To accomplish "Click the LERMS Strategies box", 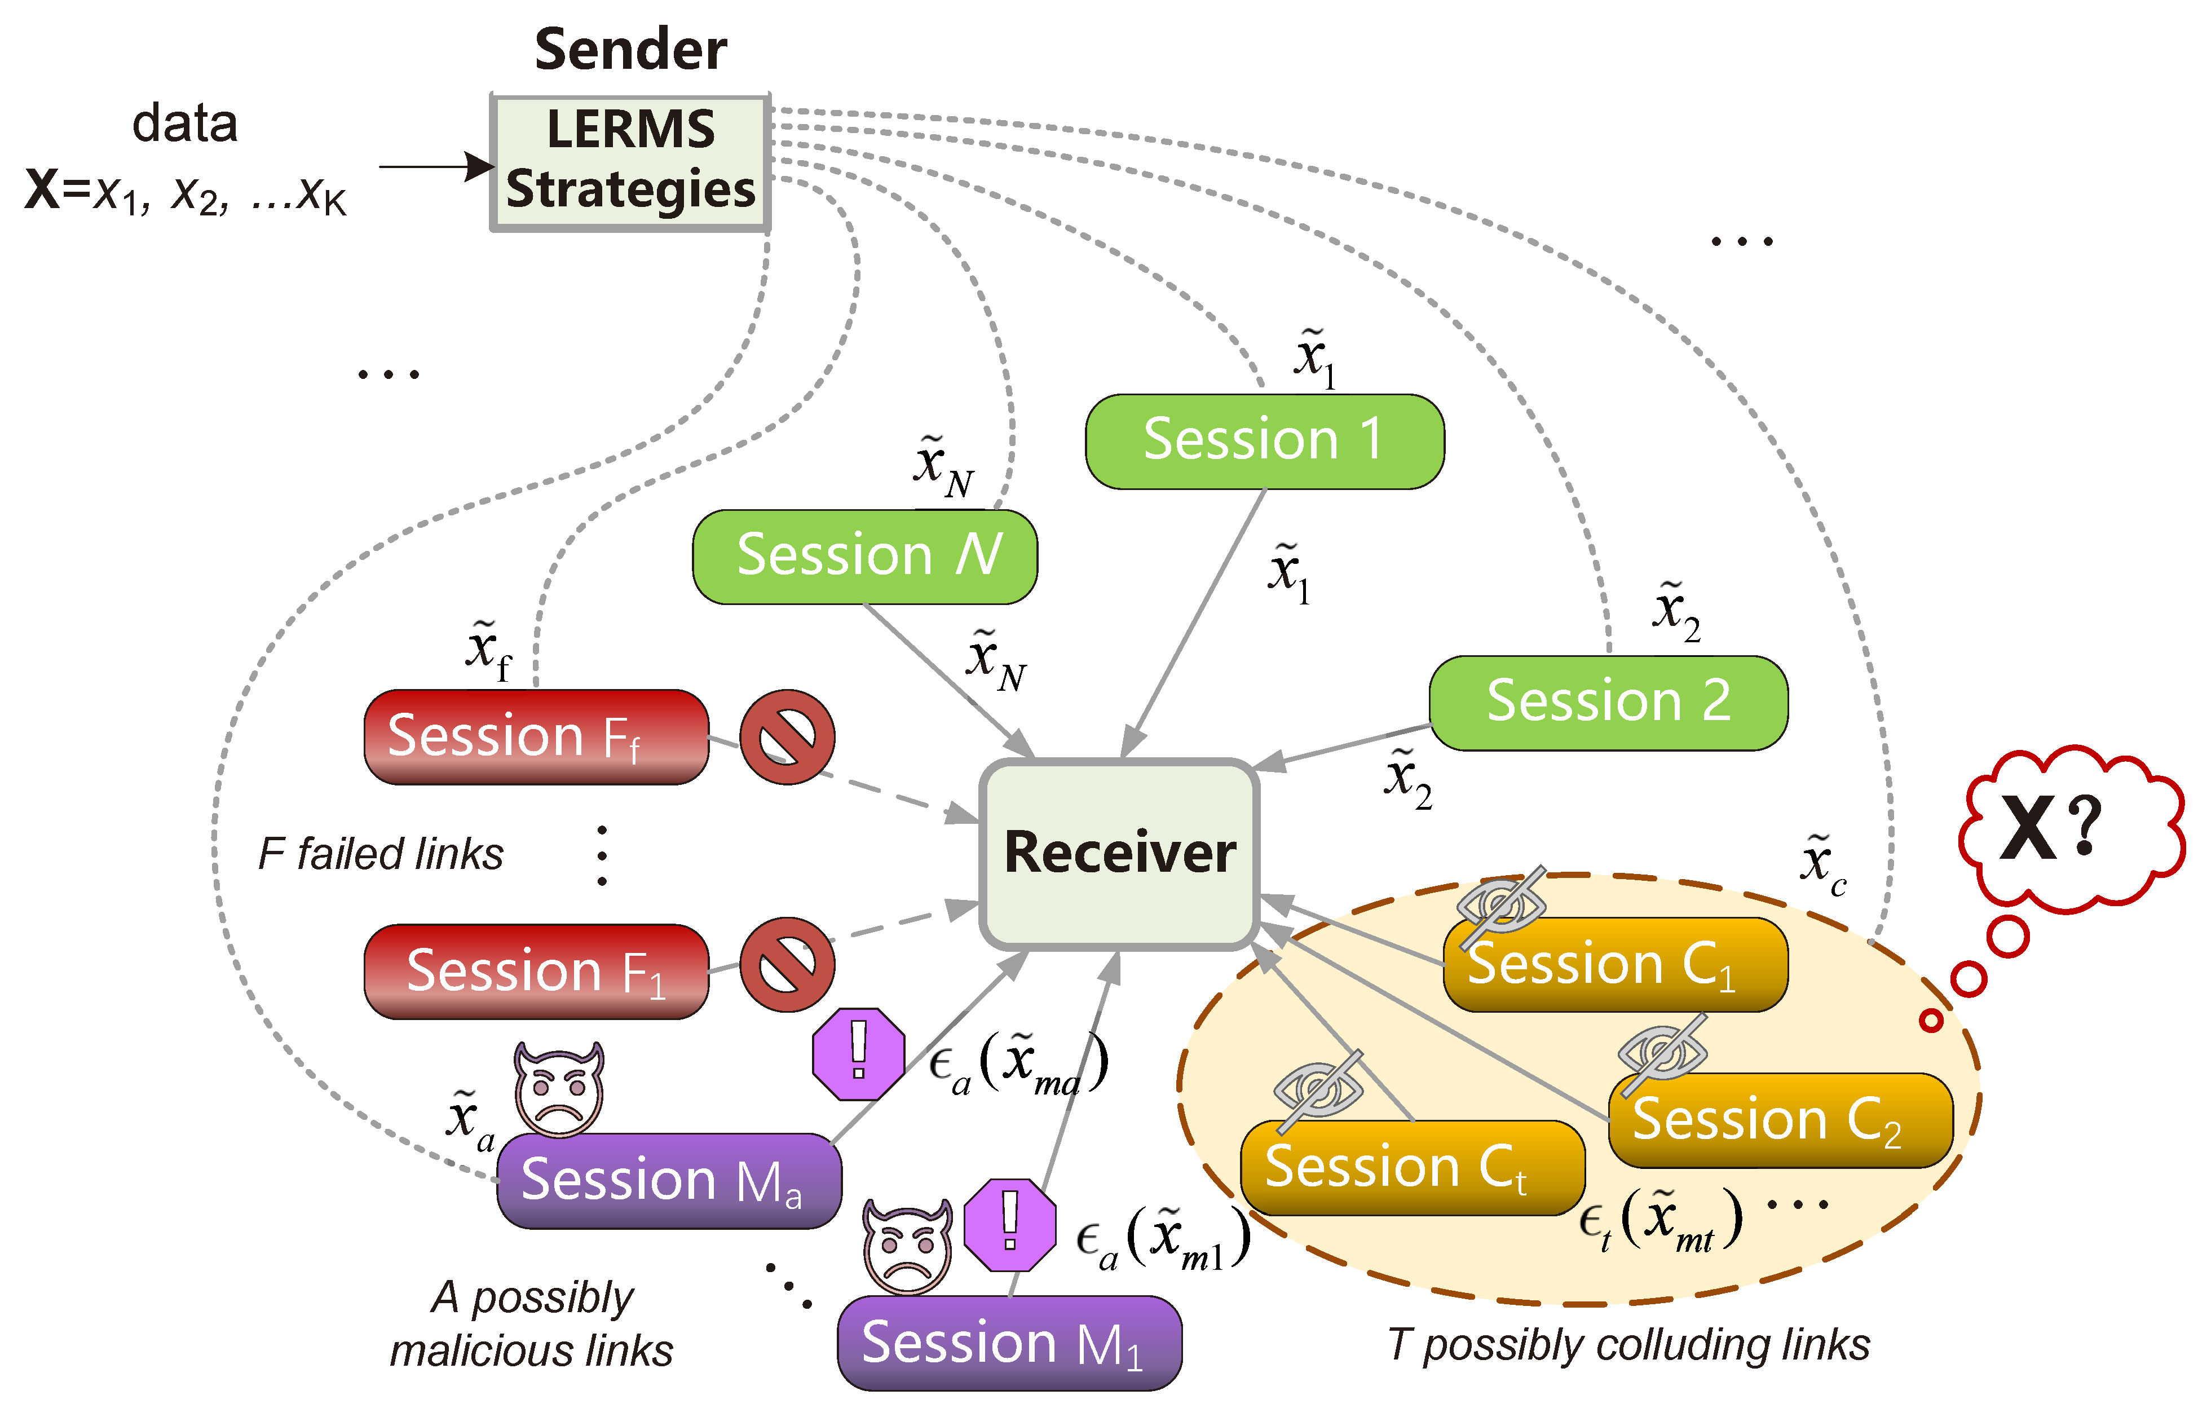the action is click(631, 163).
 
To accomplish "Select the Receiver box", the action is click(1119, 854).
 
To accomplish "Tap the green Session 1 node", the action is click(1264, 442).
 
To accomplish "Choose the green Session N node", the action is click(865, 557).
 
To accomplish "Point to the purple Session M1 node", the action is click(1009, 1343).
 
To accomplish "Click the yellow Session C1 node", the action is click(1616, 965).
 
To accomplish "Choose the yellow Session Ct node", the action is click(1413, 1168).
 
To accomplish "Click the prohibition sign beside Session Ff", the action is click(786, 737).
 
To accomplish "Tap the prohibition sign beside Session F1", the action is click(786, 965).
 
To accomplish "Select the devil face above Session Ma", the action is click(559, 1089).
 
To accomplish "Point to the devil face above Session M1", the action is click(908, 1246).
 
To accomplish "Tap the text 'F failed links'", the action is click(381, 854).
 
